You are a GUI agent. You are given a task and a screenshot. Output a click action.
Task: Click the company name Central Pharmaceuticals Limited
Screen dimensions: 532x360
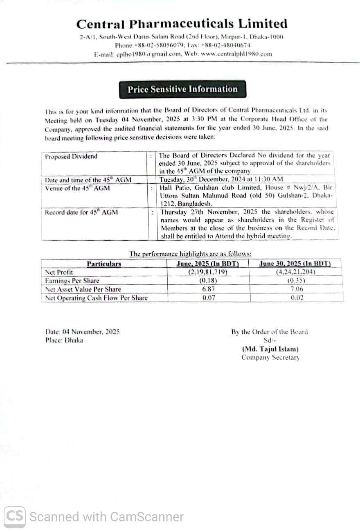[182, 24]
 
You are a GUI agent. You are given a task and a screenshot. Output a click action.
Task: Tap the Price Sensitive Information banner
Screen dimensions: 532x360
[182, 89]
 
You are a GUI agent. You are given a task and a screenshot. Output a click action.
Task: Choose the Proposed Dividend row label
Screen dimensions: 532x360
[72, 156]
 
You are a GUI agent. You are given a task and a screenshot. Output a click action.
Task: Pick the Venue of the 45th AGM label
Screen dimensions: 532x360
[77, 188]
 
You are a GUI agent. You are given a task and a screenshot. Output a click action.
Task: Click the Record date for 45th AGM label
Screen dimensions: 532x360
[81, 212]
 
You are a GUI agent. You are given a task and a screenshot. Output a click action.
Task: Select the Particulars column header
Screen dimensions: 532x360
[104, 264]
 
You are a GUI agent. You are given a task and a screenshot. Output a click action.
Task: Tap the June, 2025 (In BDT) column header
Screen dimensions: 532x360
[207, 264]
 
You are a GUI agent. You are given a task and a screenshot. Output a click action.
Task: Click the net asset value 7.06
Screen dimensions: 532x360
[297, 289]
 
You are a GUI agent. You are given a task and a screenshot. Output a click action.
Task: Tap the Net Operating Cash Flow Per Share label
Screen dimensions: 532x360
[96, 298]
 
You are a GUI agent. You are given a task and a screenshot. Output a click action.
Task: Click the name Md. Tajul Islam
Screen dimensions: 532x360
[270, 349]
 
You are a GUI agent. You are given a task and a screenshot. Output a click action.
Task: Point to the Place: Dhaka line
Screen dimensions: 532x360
[64, 340]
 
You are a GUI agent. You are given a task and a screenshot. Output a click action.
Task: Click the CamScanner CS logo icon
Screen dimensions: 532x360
[15, 516]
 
